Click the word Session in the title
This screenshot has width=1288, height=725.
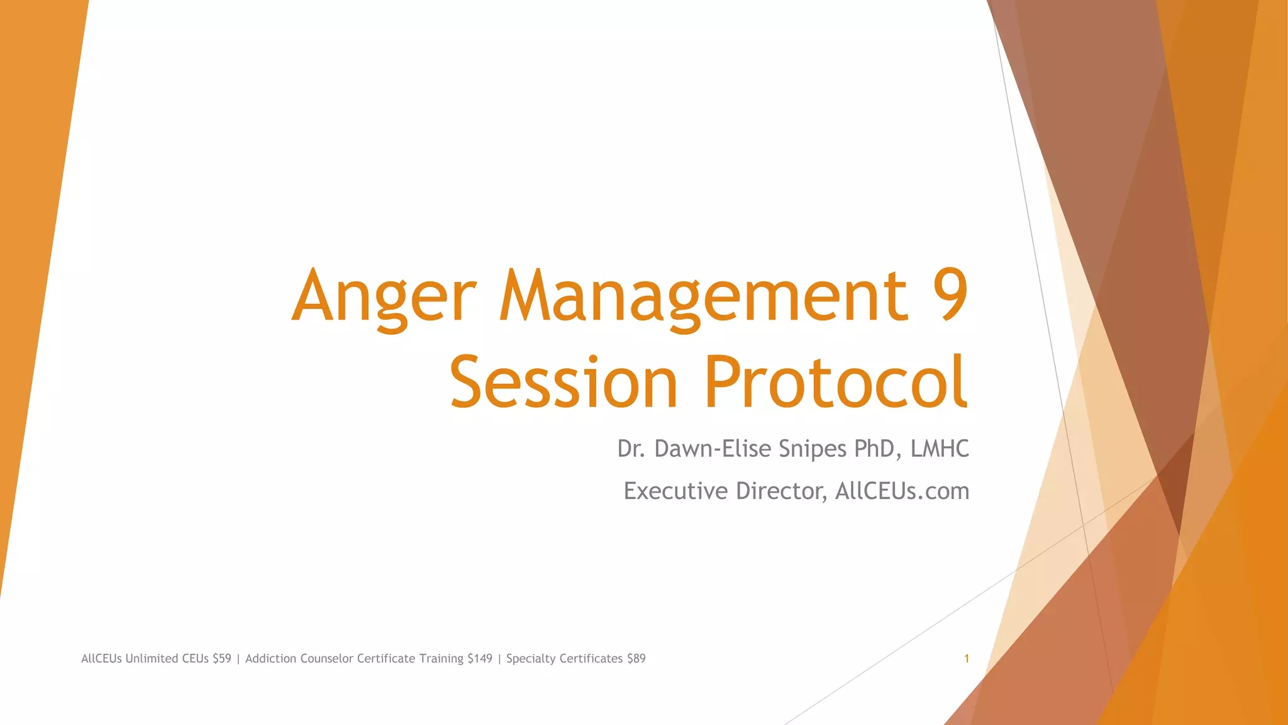coord(563,383)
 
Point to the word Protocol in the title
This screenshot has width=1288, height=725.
coord(835,383)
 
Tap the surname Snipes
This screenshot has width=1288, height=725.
coord(813,449)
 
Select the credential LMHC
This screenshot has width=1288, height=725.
coord(940,449)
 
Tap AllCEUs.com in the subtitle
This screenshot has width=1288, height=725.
coord(902,491)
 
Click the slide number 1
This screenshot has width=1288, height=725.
coord(966,659)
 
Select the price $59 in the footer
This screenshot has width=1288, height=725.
coord(221,659)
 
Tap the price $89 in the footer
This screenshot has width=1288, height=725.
coord(636,659)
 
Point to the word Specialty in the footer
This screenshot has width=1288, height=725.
coord(530,659)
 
